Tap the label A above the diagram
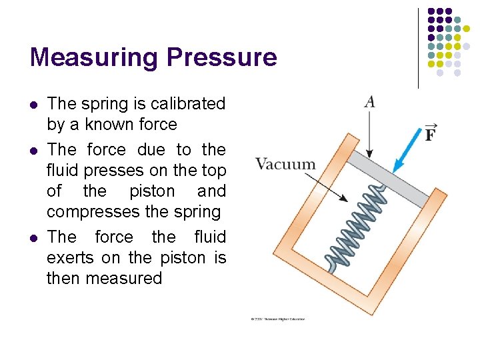click(369, 101)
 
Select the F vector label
click(431, 133)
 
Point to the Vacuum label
click(285, 164)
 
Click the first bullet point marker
click(34, 105)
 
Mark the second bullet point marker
click(34, 151)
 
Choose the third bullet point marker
click(34, 238)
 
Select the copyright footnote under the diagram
click(278, 319)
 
